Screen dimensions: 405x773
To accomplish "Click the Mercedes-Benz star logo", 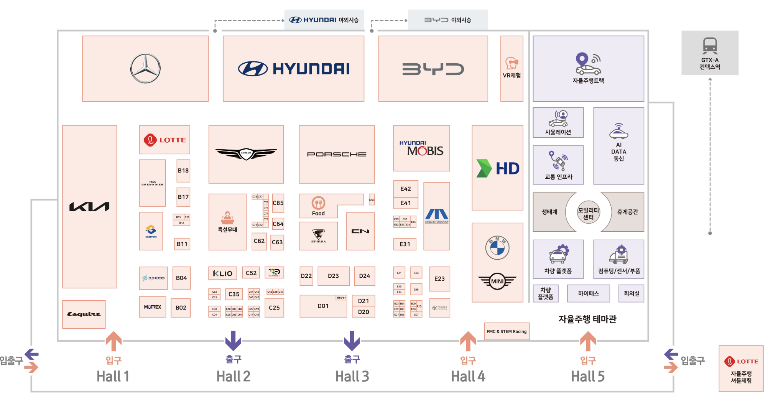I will (145, 69).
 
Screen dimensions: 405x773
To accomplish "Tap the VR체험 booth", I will (511, 69).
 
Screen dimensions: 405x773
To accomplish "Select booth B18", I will (183, 171).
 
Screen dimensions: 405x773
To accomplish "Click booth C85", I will (278, 203).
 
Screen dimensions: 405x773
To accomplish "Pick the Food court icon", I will (318, 203).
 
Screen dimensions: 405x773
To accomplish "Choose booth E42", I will (406, 189).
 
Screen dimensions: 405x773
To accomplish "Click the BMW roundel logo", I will (497, 248).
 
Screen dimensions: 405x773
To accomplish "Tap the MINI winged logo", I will (497, 281).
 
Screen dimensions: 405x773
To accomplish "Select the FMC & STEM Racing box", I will (507, 331).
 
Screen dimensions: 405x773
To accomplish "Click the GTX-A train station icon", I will (710, 46).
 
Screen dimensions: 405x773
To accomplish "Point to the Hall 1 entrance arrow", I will (113, 341).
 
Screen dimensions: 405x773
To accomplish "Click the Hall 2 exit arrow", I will (233, 341).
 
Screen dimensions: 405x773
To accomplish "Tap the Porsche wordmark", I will (337, 154).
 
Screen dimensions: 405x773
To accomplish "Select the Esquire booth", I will (84, 314).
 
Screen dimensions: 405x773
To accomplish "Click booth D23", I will (333, 276).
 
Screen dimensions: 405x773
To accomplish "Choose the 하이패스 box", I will (588, 293).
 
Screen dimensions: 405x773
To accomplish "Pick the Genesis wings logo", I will (246, 153).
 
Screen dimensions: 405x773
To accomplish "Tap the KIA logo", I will (89, 207).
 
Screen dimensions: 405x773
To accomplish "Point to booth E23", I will (439, 279).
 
